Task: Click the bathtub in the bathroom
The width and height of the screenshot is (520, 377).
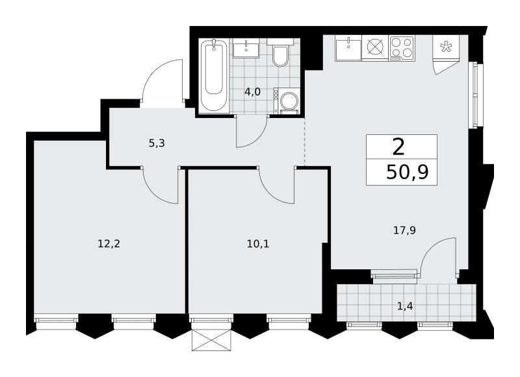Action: [214, 76]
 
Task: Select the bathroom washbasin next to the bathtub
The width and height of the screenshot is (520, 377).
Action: [246, 48]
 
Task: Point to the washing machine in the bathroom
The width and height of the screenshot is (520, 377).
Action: [287, 101]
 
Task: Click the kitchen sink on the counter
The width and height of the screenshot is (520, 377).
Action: [348, 48]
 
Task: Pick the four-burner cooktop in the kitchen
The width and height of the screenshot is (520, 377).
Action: [402, 48]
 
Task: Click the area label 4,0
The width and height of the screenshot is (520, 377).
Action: [252, 91]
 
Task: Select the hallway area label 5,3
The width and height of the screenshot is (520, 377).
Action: [157, 143]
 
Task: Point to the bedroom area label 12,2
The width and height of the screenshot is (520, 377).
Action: [109, 244]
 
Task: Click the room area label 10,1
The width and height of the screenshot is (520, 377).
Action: [258, 244]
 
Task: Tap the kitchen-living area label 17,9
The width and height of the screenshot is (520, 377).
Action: [404, 230]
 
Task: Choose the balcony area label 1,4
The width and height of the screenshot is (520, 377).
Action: [405, 306]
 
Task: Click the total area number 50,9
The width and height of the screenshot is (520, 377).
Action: [408, 173]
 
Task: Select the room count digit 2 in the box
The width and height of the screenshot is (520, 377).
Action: [398, 147]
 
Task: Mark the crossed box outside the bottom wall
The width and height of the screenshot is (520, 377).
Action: [211, 340]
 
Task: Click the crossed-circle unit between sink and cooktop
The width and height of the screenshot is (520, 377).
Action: [375, 48]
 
